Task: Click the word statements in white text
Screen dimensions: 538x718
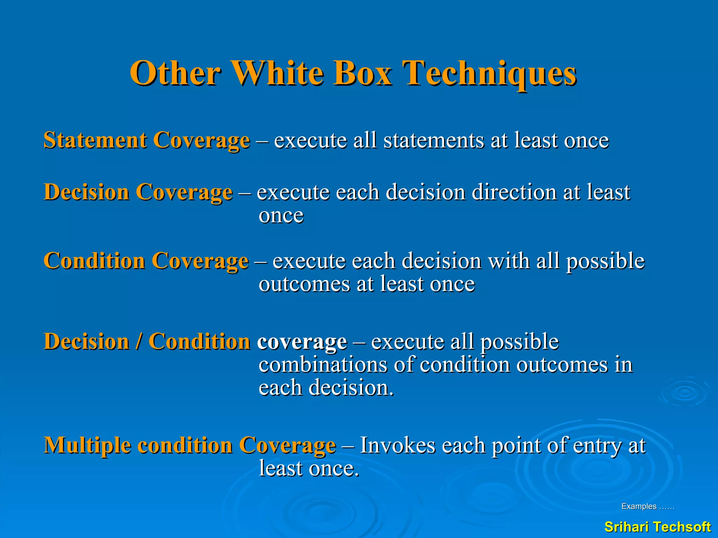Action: pyautogui.click(x=433, y=140)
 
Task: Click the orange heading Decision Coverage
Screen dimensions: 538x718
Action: pyautogui.click(x=138, y=192)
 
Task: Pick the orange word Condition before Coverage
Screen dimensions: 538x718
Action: pyautogui.click(x=94, y=261)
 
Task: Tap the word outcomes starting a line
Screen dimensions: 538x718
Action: pyautogui.click(x=304, y=284)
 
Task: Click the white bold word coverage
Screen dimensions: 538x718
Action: pyautogui.click(x=302, y=342)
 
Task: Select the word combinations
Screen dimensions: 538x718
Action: pyautogui.click(x=323, y=365)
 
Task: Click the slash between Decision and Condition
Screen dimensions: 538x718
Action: pyautogui.click(x=139, y=342)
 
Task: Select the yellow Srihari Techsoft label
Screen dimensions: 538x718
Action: pyautogui.click(x=657, y=527)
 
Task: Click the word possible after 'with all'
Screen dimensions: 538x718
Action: pyautogui.click(x=605, y=261)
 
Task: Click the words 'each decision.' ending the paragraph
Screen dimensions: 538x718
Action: pyautogui.click(x=326, y=388)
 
